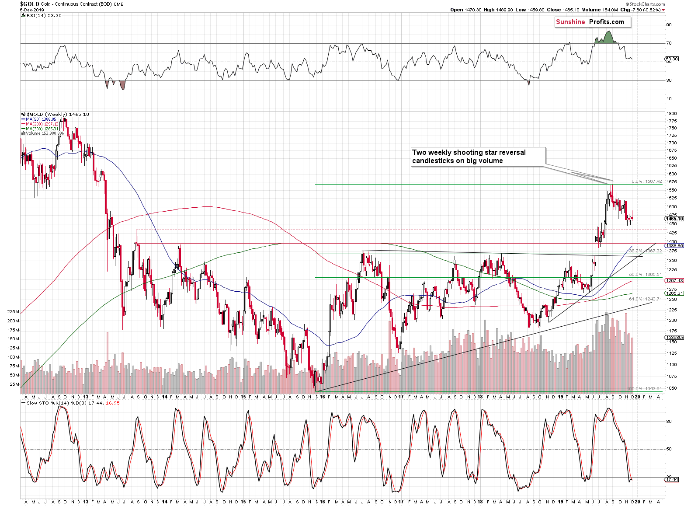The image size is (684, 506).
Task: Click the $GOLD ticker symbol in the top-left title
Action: pyautogui.click(x=30, y=4)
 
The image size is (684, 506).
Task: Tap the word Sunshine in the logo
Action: pyautogui.click(x=570, y=22)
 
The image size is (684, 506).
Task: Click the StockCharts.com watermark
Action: pyautogui.click(x=647, y=4)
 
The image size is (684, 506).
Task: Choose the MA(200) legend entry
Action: pyautogui.click(x=42, y=124)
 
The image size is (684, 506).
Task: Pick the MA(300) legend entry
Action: pyautogui.click(x=42, y=129)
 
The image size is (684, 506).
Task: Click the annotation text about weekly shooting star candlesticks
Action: pyautogui.click(x=469, y=157)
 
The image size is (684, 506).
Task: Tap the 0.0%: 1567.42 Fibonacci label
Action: pyautogui.click(x=646, y=181)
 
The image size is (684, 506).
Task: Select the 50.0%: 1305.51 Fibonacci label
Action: pyautogui.click(x=645, y=275)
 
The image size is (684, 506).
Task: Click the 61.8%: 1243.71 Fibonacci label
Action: pyautogui.click(x=645, y=299)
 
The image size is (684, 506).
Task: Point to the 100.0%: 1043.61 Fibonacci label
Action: pyautogui.click(x=644, y=388)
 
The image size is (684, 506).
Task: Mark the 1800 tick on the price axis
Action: pyautogui.click(x=671, y=113)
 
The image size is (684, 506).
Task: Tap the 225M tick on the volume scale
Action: pyautogui.click(x=13, y=312)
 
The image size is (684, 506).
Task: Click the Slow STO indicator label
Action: pyautogui.click(x=38, y=403)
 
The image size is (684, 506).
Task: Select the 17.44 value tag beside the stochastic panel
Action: pyautogui.click(x=672, y=480)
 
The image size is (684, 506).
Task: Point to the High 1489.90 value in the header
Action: pyautogui.click(x=498, y=10)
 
